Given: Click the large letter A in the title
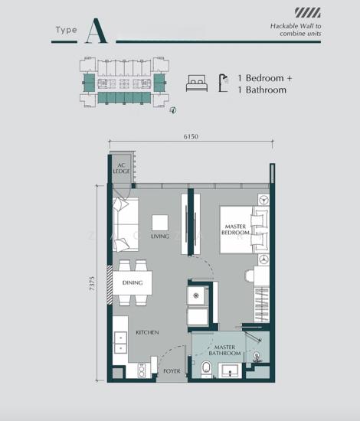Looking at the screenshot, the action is coord(97,31).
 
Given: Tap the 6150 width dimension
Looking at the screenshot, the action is coord(191,136).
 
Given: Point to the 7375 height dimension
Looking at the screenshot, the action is coord(92,283).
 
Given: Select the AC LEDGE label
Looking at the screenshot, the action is coord(122,168).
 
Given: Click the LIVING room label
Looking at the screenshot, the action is coord(160,237).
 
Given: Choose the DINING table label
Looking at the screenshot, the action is coord(133,282).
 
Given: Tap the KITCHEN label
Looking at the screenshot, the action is coord(147,332).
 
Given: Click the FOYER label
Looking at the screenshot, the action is coord(172,371).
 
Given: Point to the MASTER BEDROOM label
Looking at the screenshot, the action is coord(235,230).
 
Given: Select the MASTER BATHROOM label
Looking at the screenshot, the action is coord(224,350).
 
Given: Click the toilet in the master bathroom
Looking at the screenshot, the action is coord(206,369).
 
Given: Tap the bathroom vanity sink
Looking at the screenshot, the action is coord(230,370).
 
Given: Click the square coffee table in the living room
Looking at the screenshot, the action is coord(160,223).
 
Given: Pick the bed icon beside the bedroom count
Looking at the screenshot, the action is coord(197,83).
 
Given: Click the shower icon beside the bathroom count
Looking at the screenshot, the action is coord(223,83).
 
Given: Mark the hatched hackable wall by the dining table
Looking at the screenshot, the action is coord(110,285).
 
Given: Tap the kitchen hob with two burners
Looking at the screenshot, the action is coord(142,370).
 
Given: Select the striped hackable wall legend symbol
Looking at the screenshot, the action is coord(308,12).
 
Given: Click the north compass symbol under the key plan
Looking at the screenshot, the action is coord(173,110).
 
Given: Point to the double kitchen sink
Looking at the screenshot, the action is coord(120,343).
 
